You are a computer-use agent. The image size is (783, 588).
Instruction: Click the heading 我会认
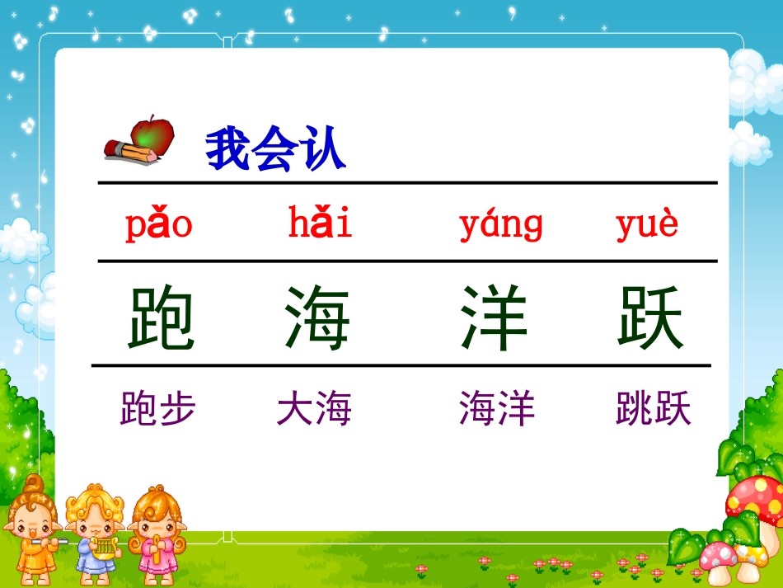pos(275,150)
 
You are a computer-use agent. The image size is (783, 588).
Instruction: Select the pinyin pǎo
pos(158,223)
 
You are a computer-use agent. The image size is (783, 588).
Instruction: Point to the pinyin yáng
pos(501,224)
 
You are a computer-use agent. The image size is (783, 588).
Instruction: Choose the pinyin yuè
pos(647,223)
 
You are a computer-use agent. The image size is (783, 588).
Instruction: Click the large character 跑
pos(161,318)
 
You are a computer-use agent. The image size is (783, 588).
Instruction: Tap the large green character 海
pos(317,318)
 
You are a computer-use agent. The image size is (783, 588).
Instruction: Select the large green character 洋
pos(495,318)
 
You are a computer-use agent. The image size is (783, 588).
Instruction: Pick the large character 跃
pos(651,318)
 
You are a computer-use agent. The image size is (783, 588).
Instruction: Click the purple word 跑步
pos(158,408)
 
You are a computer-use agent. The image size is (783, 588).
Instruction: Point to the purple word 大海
pos(314,408)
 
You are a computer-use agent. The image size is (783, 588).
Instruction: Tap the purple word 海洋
pos(497,408)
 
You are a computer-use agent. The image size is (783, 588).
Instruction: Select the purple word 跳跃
pos(653,408)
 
